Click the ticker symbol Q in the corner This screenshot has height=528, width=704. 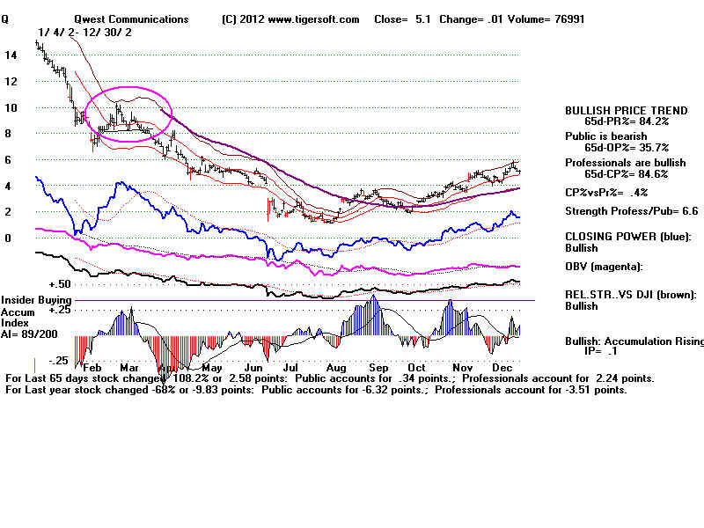coord(5,18)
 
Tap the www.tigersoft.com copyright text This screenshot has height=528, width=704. coord(290,18)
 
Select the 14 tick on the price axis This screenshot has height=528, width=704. coord(11,55)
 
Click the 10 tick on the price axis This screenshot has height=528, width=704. coord(11,107)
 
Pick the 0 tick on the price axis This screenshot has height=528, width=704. coord(7,238)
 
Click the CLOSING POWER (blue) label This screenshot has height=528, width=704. coord(628,236)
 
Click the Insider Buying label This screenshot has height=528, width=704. coord(34,301)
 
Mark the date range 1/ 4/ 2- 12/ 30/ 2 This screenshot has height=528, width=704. coord(85,32)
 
